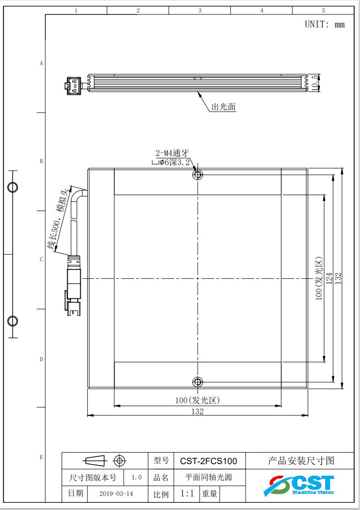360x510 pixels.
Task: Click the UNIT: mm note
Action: click(x=325, y=25)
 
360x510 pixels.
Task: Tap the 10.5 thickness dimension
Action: click(x=315, y=83)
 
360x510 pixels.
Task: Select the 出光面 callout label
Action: click(x=223, y=107)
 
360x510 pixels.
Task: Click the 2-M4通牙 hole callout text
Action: click(x=172, y=153)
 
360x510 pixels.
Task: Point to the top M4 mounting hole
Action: click(x=197, y=175)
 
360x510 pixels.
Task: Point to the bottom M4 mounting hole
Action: click(x=197, y=382)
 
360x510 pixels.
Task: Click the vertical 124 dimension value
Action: click(x=329, y=278)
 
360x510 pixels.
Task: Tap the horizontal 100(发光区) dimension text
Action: click(x=197, y=400)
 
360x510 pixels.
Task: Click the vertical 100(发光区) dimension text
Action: click(x=318, y=278)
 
